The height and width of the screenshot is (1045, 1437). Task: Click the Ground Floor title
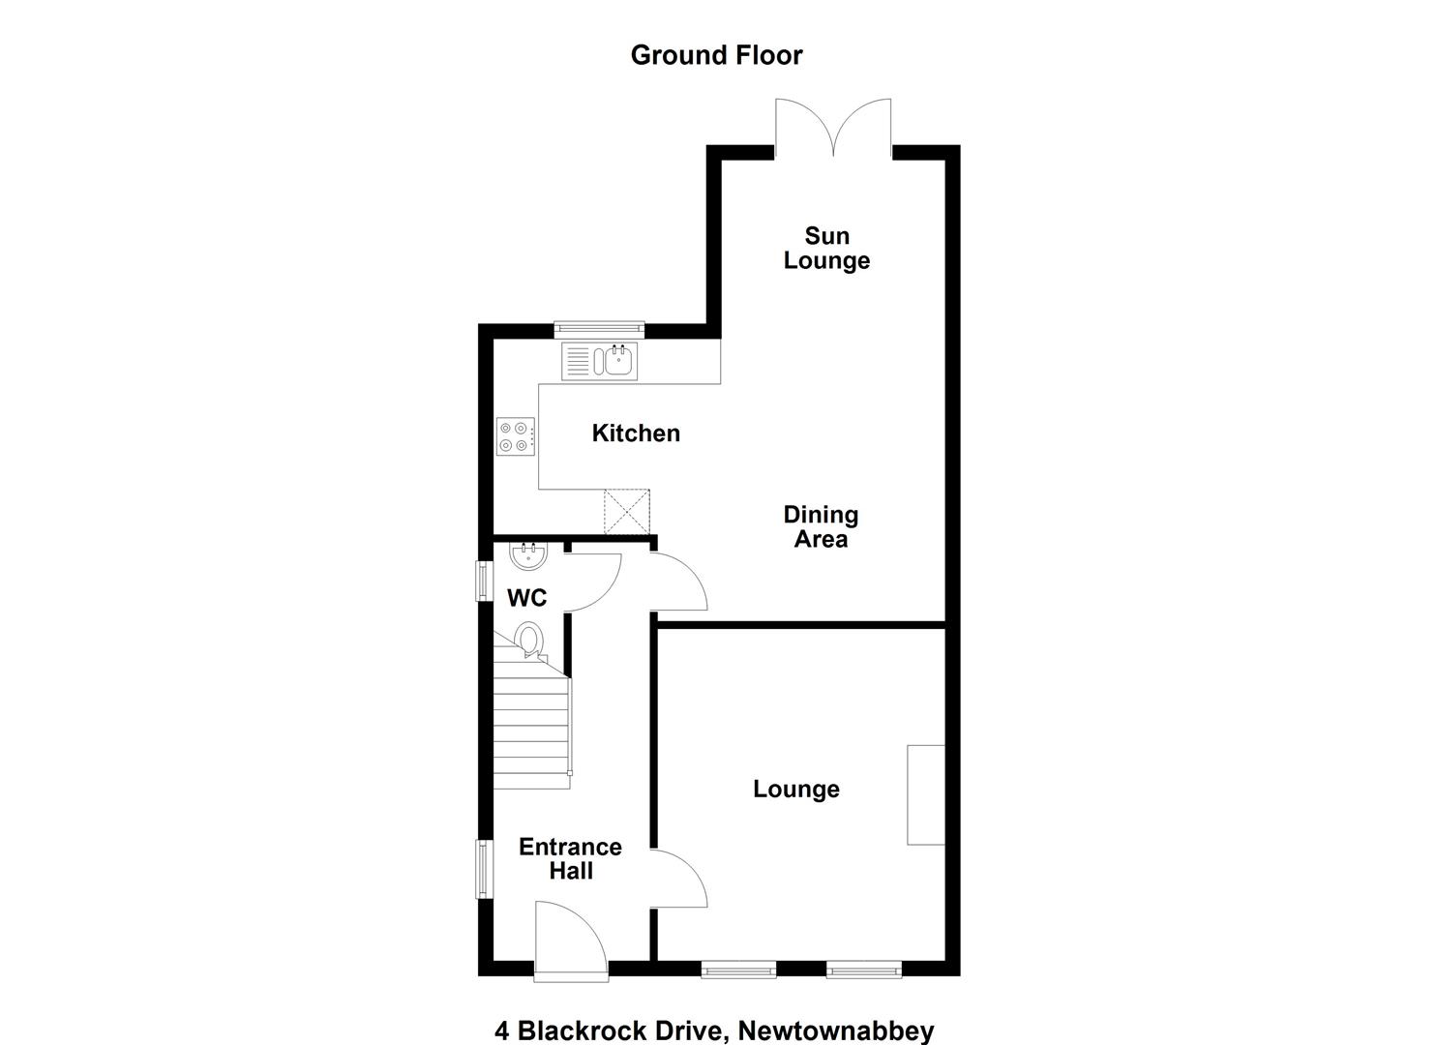tap(717, 55)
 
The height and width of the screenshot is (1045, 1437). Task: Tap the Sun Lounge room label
tap(827, 249)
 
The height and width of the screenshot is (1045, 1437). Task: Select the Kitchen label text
tap(636, 433)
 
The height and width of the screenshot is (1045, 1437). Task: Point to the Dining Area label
tap(821, 526)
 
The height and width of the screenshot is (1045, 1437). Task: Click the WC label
tap(526, 598)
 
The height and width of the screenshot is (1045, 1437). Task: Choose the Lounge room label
tap(796, 789)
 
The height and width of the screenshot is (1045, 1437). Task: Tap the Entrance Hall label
tap(570, 859)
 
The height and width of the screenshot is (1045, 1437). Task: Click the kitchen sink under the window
tap(600, 362)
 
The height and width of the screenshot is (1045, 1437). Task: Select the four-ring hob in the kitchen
tap(516, 436)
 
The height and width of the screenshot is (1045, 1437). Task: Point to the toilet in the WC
tap(529, 640)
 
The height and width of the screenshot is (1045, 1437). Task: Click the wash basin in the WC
tap(528, 555)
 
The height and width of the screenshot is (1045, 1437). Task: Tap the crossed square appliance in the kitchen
tap(627, 511)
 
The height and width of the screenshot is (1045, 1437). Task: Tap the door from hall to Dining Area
tap(678, 581)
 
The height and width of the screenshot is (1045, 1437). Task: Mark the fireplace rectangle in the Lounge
tap(926, 794)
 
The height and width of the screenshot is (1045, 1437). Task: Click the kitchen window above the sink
tap(599, 330)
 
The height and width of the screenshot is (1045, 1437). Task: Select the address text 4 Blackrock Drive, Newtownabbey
tap(714, 1014)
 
